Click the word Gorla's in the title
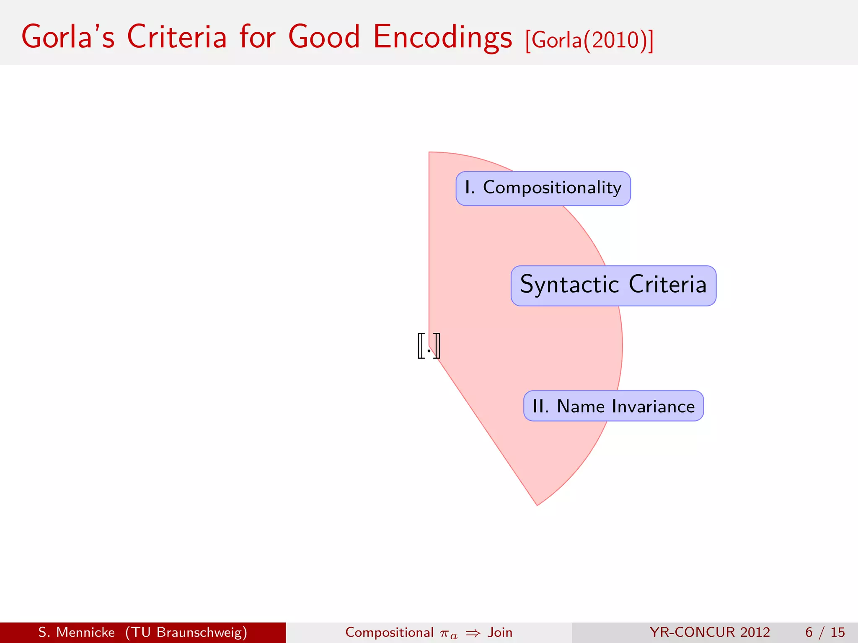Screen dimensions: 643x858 (68, 37)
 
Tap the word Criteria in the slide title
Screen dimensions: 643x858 (176, 37)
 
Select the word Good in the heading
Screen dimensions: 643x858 (324, 37)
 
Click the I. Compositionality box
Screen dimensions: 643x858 (543, 188)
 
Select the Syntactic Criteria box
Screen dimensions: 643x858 (613, 285)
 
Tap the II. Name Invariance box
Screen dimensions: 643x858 (613, 406)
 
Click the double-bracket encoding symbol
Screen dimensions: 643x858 (429, 346)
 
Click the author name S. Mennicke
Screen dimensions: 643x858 (76, 632)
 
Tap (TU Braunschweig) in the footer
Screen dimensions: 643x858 (186, 632)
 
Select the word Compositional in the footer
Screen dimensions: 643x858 (389, 632)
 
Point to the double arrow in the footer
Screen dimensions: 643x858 (473, 633)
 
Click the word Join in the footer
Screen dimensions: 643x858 (500, 632)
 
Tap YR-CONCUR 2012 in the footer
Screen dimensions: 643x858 (710, 632)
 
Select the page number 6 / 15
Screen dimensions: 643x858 (824, 632)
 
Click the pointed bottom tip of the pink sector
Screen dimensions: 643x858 (537, 504)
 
